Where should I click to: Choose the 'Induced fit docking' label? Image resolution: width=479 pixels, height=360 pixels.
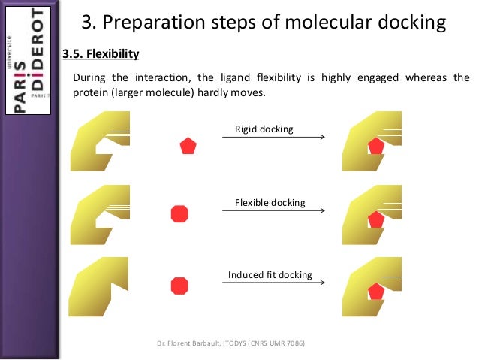pyautogui.click(x=270, y=275)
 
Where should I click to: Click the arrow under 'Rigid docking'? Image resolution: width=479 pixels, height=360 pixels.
pyautogui.click(x=273, y=138)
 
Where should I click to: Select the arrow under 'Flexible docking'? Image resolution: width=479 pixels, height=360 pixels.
pyautogui.click(x=273, y=210)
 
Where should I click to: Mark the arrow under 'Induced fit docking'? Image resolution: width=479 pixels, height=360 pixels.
pyautogui.click(x=273, y=283)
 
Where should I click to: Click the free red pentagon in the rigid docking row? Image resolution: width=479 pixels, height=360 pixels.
pyautogui.click(x=188, y=146)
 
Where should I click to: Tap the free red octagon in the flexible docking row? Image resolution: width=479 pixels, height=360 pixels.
pyautogui.click(x=179, y=213)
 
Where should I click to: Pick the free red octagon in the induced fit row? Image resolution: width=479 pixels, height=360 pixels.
pyautogui.click(x=179, y=286)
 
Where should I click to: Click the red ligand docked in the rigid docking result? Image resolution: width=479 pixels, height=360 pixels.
pyautogui.click(x=375, y=147)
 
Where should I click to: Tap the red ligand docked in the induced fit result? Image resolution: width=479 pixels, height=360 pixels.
pyautogui.click(x=374, y=292)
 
